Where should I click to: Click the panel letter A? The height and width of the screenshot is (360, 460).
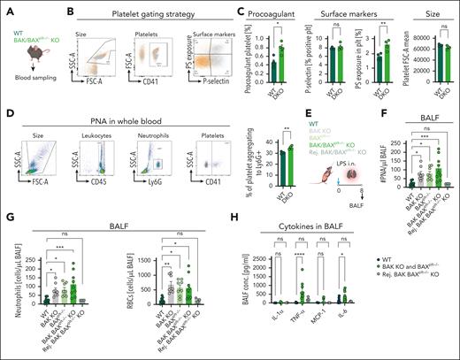tap(6, 8)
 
